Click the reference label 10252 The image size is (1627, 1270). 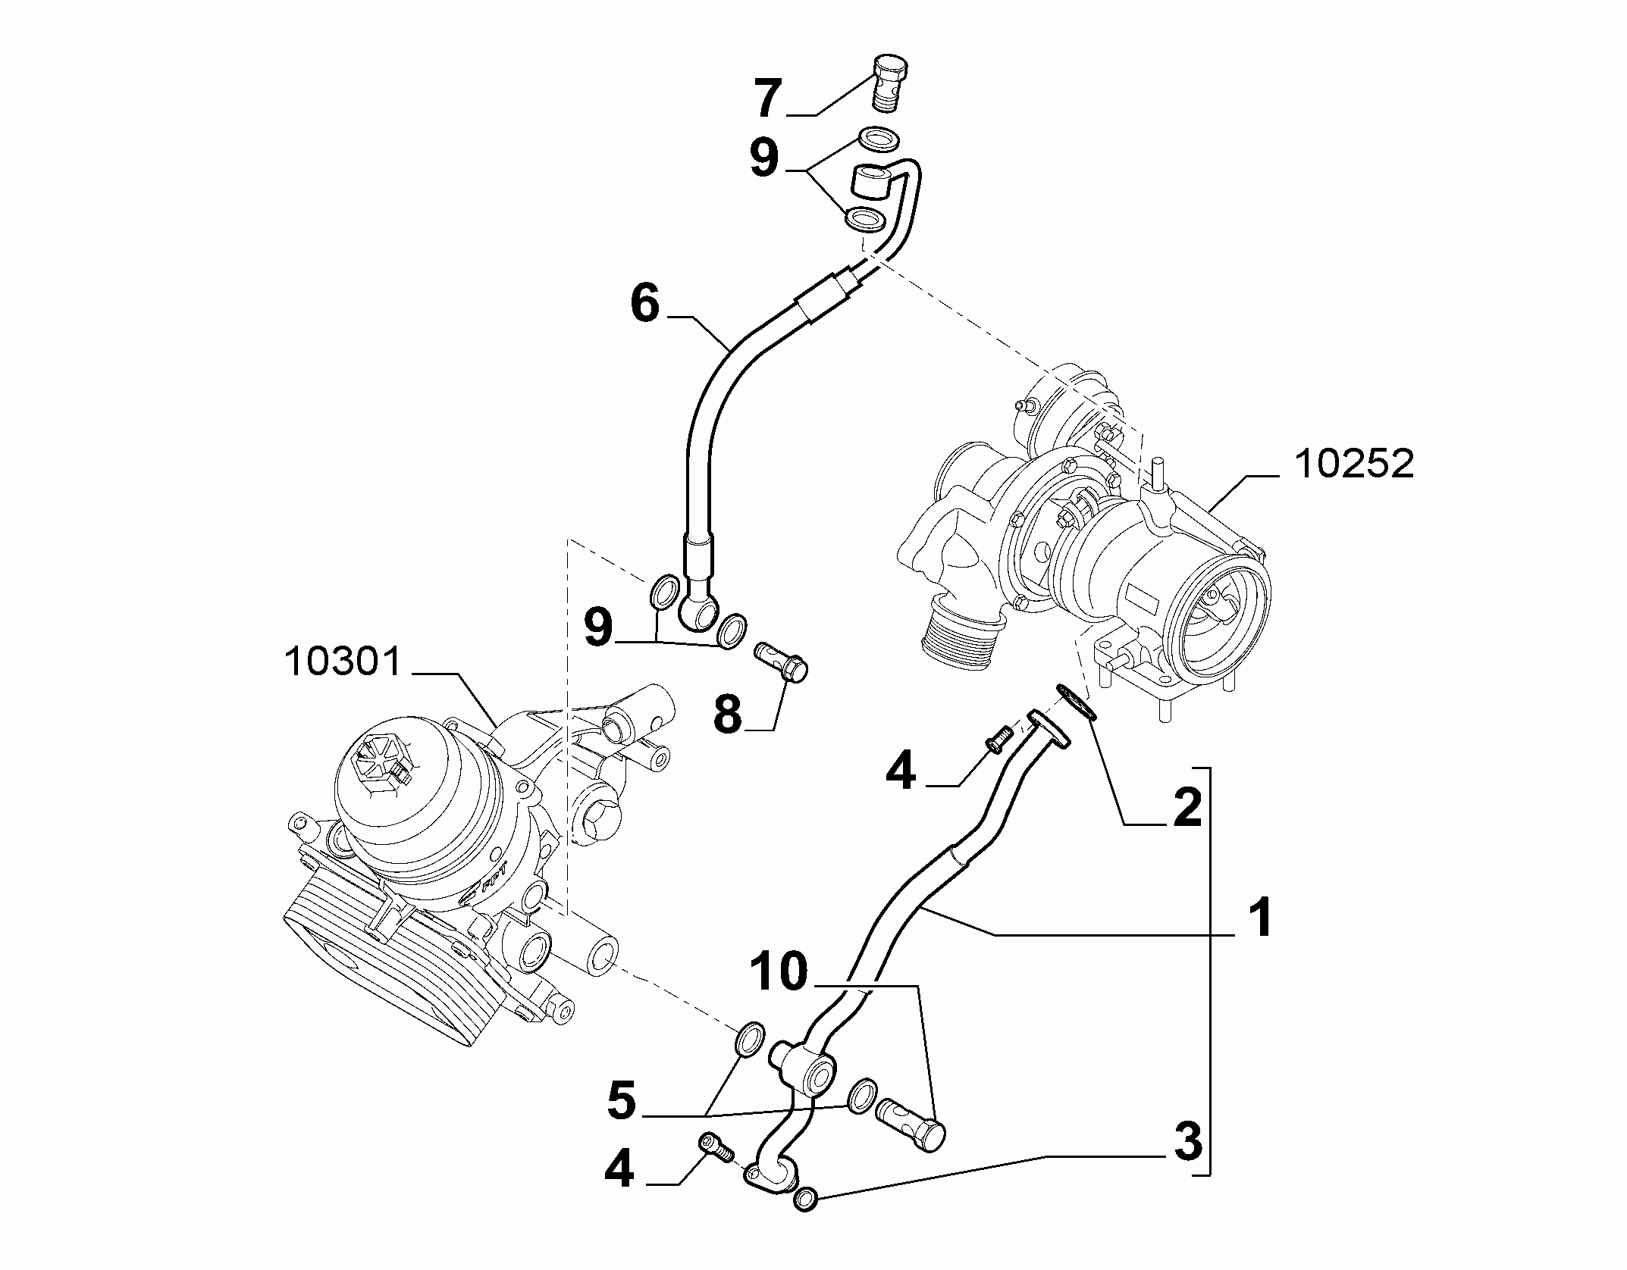click(1354, 464)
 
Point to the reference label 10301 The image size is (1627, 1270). click(343, 662)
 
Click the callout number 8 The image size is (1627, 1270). click(728, 713)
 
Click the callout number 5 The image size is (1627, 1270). click(622, 1100)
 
